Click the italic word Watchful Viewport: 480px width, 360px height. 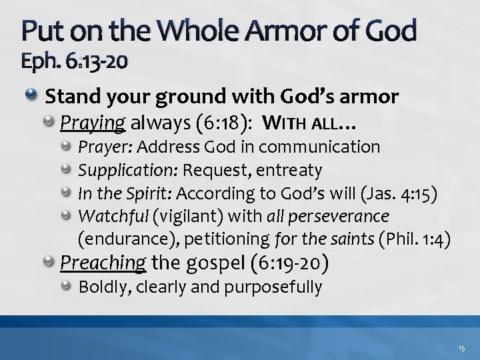pyautogui.click(x=108, y=215)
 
